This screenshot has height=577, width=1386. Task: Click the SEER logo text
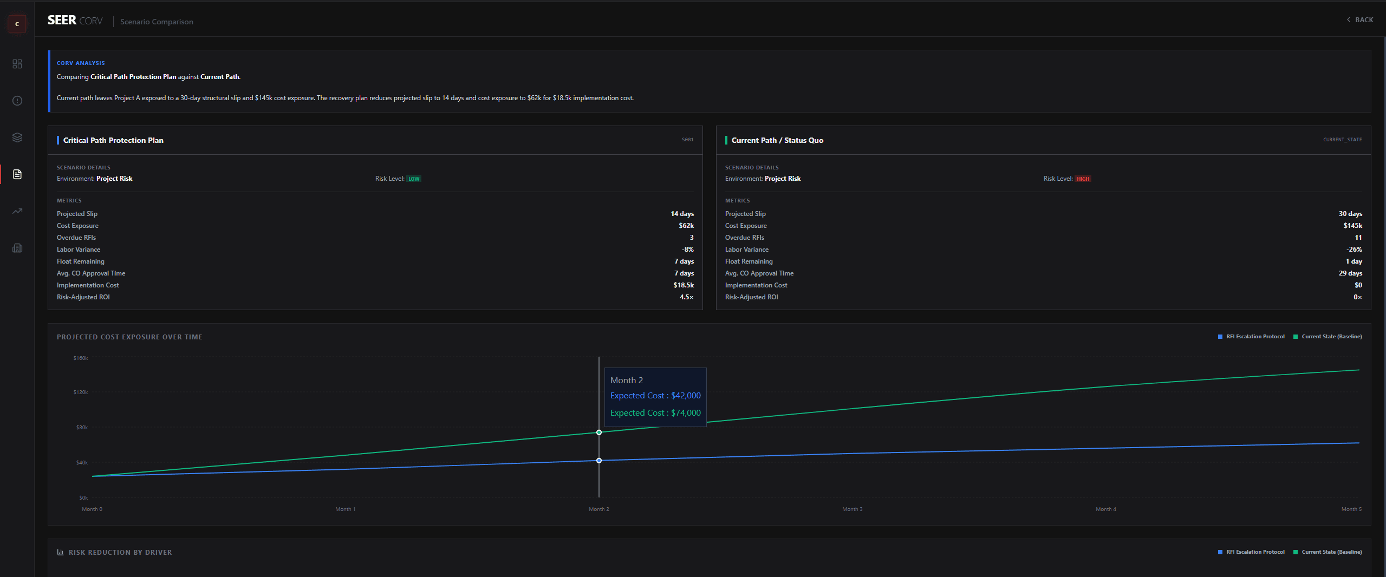click(x=62, y=21)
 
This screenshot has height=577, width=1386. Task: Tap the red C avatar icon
click(x=17, y=24)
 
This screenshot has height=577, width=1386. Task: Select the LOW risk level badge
click(x=414, y=179)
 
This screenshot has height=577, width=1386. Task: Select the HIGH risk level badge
click(x=1083, y=179)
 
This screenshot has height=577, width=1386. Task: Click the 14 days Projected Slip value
click(x=682, y=214)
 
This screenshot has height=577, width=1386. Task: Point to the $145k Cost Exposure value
click(x=1352, y=226)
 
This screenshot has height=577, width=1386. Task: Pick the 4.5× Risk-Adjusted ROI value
click(x=686, y=297)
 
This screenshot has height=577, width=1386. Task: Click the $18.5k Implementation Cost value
click(x=684, y=285)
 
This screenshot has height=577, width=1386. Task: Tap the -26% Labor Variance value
click(x=1354, y=250)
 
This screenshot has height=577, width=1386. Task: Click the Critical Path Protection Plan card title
click(x=113, y=140)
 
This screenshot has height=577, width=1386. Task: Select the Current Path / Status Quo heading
click(x=777, y=140)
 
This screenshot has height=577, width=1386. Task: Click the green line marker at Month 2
click(x=599, y=432)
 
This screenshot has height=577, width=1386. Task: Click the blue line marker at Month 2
click(x=599, y=461)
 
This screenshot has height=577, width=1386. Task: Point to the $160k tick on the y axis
click(x=81, y=358)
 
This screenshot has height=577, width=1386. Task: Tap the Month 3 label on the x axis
click(x=853, y=509)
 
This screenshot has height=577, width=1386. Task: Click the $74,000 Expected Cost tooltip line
click(x=655, y=413)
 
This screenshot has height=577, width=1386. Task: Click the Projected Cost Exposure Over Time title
click(x=129, y=337)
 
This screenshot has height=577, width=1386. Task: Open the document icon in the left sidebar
click(x=17, y=174)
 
